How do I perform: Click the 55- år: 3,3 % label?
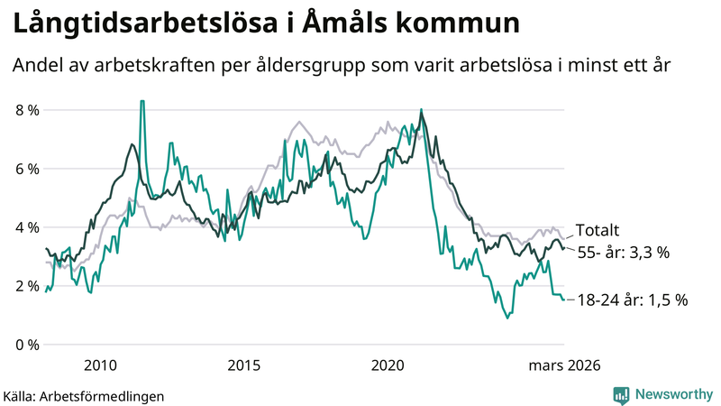(623, 253)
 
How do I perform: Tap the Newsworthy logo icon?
(621, 394)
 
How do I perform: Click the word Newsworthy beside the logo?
(672, 394)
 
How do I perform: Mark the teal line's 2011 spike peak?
(141, 102)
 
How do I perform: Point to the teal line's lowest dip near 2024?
(507, 318)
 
